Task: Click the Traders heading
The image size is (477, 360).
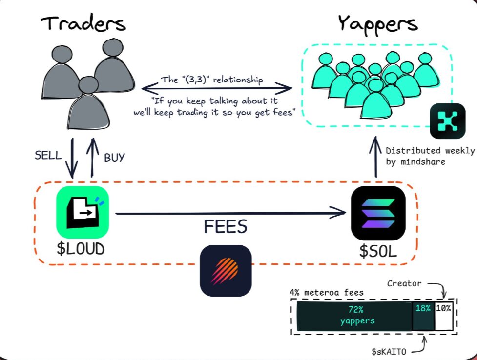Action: click(x=83, y=23)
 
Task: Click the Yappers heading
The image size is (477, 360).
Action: click(x=377, y=23)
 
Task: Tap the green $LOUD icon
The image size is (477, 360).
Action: click(x=82, y=212)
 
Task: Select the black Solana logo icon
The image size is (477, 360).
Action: click(x=378, y=213)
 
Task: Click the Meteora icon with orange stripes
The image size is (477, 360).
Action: click(x=226, y=271)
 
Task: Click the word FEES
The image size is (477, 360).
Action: click(x=225, y=227)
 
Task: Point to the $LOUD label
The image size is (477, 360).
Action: click(x=81, y=249)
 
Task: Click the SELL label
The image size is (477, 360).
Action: click(x=48, y=156)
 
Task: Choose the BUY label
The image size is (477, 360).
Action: click(x=114, y=158)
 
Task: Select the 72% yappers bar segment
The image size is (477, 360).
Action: click(x=354, y=316)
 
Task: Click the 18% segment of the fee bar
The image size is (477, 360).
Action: click(x=423, y=316)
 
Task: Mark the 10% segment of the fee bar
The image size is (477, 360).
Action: click(x=443, y=316)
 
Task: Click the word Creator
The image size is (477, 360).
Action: click(x=404, y=283)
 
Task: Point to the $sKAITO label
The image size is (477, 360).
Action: click(x=391, y=350)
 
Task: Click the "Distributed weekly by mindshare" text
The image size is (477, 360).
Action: click(x=430, y=156)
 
